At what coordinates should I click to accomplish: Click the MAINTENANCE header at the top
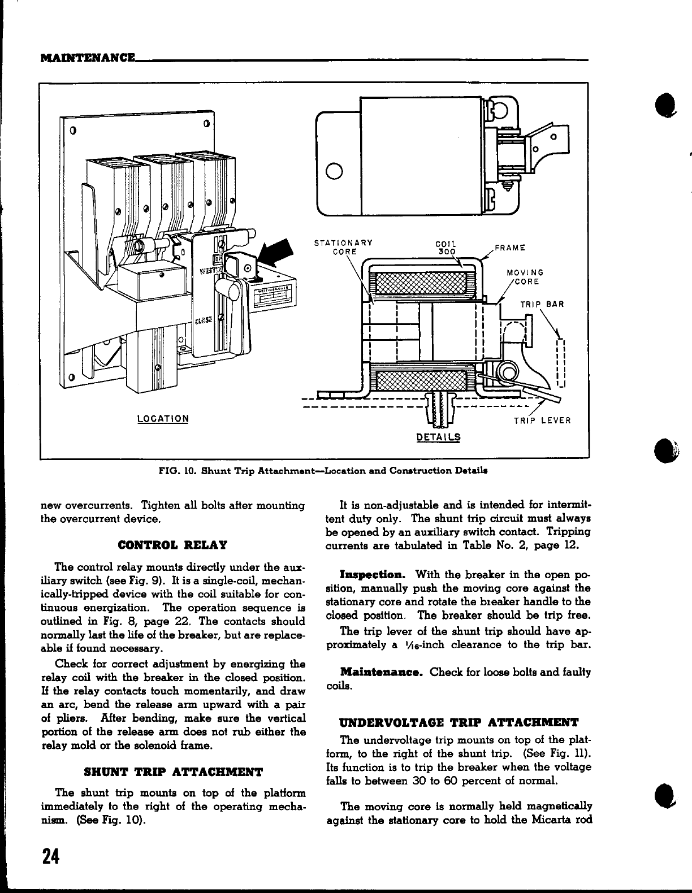coord(88,58)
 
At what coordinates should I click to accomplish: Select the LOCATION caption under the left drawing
coord(163,419)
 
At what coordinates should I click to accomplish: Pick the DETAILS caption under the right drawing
coord(438,437)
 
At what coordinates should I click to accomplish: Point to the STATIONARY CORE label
coord(343,247)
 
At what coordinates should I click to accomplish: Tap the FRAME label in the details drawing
coord(510,248)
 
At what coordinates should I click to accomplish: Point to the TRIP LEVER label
coord(542,421)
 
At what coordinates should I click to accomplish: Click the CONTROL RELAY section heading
coord(172,545)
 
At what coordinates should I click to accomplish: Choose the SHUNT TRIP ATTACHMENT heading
coord(172,771)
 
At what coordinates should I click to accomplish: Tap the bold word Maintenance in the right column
coord(382,673)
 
